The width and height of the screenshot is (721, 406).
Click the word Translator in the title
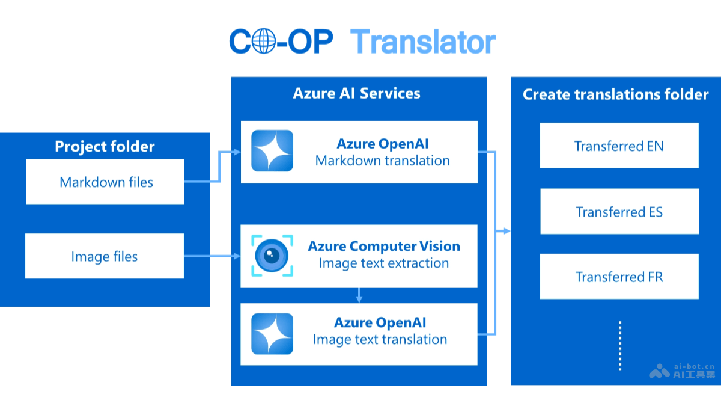(423, 42)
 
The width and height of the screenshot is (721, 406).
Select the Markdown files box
(105, 182)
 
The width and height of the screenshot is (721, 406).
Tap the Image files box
(105, 256)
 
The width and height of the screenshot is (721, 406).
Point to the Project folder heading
(105, 146)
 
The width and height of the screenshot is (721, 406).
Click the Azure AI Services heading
(356, 93)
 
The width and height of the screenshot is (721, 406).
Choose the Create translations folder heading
(615, 94)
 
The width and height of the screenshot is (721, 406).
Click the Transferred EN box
(619, 146)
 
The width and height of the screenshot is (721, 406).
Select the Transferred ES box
(619, 212)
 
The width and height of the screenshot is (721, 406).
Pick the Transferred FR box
(619, 277)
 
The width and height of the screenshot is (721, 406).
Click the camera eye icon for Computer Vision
(272, 256)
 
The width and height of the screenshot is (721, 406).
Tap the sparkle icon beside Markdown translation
(272, 151)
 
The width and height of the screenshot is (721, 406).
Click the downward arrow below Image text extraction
(359, 295)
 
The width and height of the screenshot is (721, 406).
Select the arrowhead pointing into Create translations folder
(507, 230)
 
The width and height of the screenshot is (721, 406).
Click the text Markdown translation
(382, 161)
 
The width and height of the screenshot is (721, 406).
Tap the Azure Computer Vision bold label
(384, 246)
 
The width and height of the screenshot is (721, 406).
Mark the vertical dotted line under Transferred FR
(619, 345)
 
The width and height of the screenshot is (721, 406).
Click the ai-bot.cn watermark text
(694, 365)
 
